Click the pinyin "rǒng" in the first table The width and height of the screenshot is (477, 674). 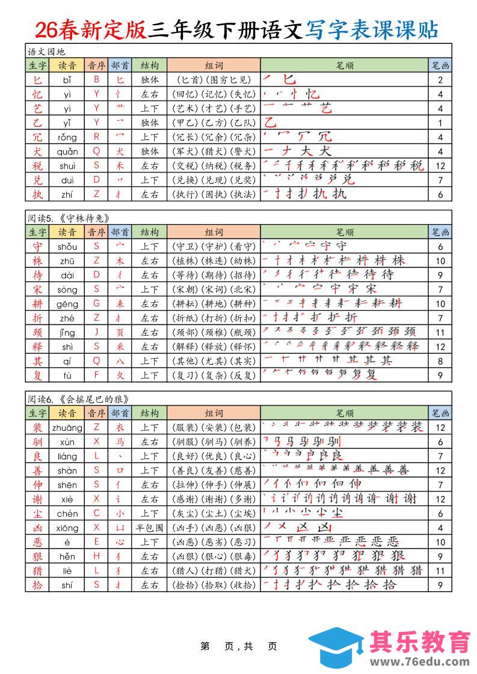click(x=67, y=137)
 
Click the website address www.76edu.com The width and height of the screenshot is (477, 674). click(x=420, y=661)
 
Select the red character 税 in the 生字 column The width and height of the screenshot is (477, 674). click(x=37, y=166)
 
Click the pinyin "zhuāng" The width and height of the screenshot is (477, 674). click(x=67, y=427)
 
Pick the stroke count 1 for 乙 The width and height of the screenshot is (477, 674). click(x=440, y=123)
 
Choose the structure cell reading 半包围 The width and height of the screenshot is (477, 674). click(x=150, y=527)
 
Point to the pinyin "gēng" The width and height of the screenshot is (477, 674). click(x=67, y=304)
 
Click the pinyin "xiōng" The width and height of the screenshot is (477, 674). click(x=67, y=527)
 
